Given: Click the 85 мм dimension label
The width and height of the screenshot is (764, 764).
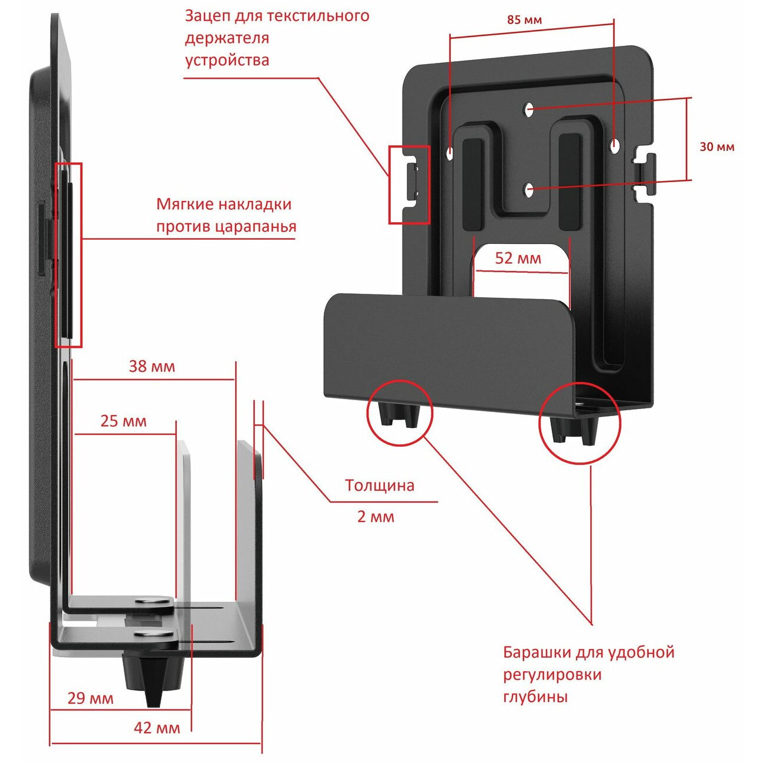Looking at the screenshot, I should (x=524, y=20).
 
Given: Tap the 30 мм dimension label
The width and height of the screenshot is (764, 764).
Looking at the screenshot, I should (x=716, y=147).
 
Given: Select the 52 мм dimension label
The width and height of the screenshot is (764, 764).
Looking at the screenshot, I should (x=518, y=258).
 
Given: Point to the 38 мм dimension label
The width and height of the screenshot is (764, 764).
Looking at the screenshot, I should (x=152, y=367).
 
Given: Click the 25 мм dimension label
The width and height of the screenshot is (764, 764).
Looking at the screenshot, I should (x=123, y=421).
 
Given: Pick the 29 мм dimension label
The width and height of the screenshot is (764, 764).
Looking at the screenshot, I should (x=90, y=698).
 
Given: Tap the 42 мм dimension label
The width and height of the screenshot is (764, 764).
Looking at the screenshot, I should (x=157, y=728).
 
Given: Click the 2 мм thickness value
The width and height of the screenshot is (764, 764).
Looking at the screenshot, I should (x=376, y=517).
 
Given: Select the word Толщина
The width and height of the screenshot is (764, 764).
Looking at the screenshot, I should (x=380, y=485).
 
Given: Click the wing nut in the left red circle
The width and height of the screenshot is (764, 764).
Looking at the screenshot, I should (x=399, y=414).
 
